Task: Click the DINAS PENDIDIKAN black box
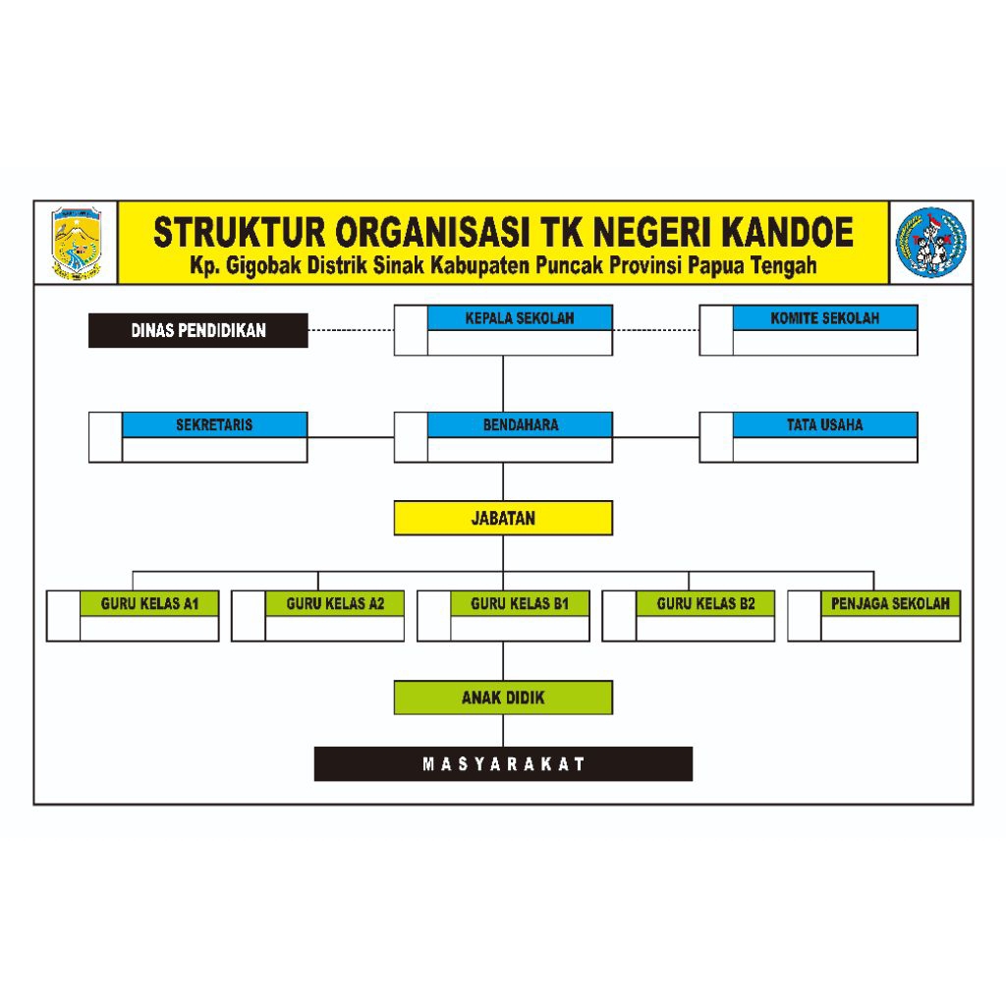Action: pos(198,331)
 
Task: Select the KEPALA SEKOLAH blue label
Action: pos(520,318)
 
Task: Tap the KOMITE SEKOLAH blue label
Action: pos(824,318)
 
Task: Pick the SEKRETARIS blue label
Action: pos(214,425)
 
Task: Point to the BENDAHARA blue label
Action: pos(520,425)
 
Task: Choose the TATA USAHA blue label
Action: pos(824,425)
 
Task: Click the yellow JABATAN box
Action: pos(503,518)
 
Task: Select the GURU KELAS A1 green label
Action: pos(149,603)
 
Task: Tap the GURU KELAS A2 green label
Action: pos(334,603)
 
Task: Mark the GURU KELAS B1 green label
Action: pos(520,603)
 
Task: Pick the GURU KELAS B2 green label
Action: pos(704,603)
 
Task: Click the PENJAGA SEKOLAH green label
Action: pos(890,603)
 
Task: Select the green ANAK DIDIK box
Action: pos(503,698)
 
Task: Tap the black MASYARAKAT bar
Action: pos(503,764)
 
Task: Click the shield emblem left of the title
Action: pos(77,244)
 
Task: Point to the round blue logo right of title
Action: pos(930,243)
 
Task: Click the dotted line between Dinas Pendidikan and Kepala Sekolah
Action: pos(351,331)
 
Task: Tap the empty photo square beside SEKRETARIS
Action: pos(106,437)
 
